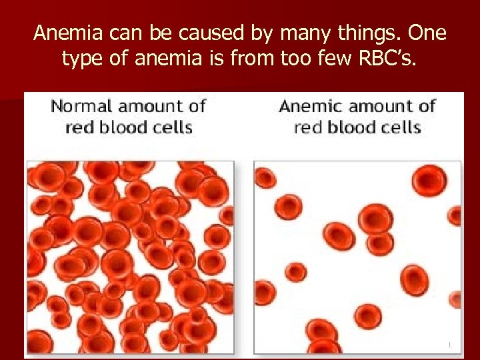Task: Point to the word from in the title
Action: [245, 59]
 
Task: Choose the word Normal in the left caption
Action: [81, 106]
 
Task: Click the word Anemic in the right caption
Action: [310, 106]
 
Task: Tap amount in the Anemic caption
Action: [383, 106]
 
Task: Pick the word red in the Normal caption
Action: [79, 127]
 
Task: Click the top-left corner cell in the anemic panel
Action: [266, 177]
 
